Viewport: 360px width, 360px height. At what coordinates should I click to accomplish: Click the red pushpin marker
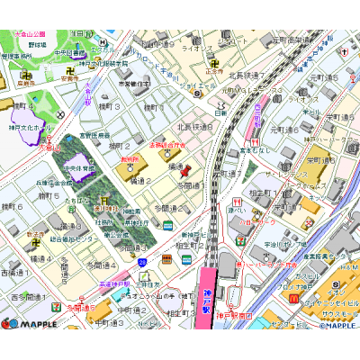click(x=185, y=170)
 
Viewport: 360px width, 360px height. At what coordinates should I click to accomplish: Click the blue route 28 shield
click(x=142, y=262)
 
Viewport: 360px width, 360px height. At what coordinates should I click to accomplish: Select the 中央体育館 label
click(x=79, y=167)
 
